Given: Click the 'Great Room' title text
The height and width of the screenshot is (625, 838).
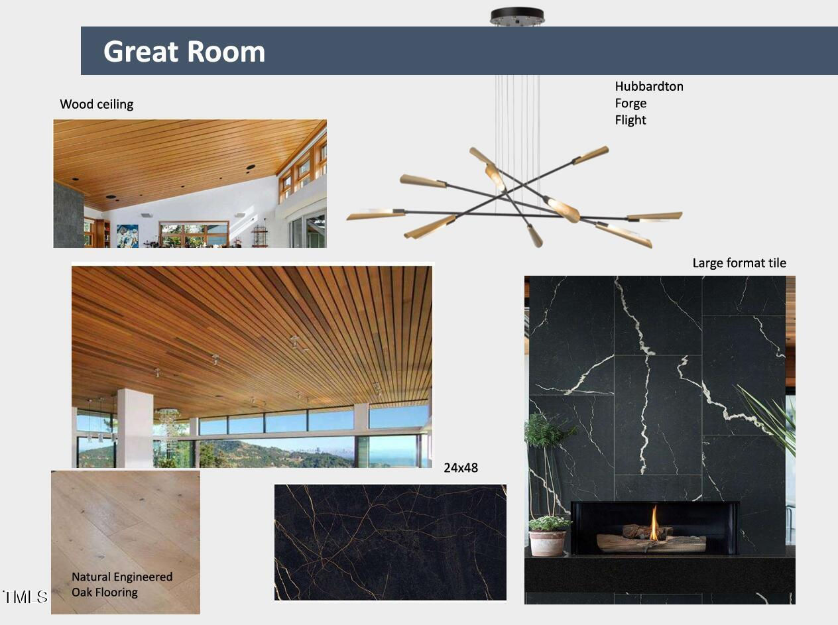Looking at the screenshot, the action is (184, 52).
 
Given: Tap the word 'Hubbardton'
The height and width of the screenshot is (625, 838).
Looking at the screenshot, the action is (649, 86).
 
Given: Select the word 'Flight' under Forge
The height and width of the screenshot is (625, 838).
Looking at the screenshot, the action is (630, 120).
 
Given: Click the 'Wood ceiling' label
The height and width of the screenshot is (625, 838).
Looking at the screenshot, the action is (97, 104).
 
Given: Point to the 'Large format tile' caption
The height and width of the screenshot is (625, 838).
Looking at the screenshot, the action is (739, 263).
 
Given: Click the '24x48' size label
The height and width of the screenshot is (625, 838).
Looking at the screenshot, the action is (461, 468).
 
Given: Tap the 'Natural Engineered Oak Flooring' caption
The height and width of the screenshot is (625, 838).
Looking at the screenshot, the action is (122, 584).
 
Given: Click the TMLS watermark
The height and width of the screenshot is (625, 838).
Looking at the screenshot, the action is (25, 597).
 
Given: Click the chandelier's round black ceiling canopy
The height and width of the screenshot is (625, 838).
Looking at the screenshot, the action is (517, 17).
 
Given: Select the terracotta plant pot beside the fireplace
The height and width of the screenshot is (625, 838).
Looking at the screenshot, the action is (547, 543).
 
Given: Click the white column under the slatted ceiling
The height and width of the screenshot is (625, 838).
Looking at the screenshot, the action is (135, 427).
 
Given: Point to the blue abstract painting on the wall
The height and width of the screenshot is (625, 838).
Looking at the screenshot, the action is (127, 236).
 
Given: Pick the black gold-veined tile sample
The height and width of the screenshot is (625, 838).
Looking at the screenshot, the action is (390, 542).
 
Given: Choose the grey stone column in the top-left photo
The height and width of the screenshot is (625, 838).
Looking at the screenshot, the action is (69, 215).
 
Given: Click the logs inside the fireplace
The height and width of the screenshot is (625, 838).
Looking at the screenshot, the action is (651, 539).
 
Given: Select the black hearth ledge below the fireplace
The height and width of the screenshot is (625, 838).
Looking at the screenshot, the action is (660, 574).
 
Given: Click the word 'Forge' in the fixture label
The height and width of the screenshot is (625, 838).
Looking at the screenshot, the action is (630, 103).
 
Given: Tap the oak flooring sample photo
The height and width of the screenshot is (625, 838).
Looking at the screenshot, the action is (125, 542).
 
